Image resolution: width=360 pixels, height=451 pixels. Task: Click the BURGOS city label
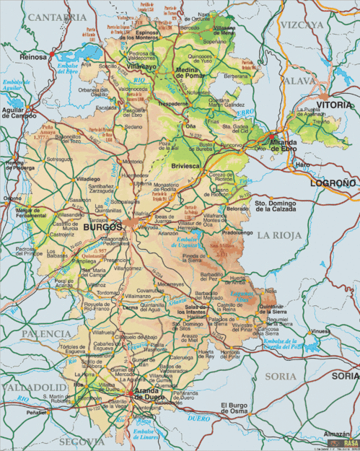click(104, 227)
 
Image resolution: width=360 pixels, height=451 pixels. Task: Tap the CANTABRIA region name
click(53, 16)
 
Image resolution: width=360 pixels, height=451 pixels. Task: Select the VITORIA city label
click(335, 105)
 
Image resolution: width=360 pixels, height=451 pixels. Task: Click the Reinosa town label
click(33, 56)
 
